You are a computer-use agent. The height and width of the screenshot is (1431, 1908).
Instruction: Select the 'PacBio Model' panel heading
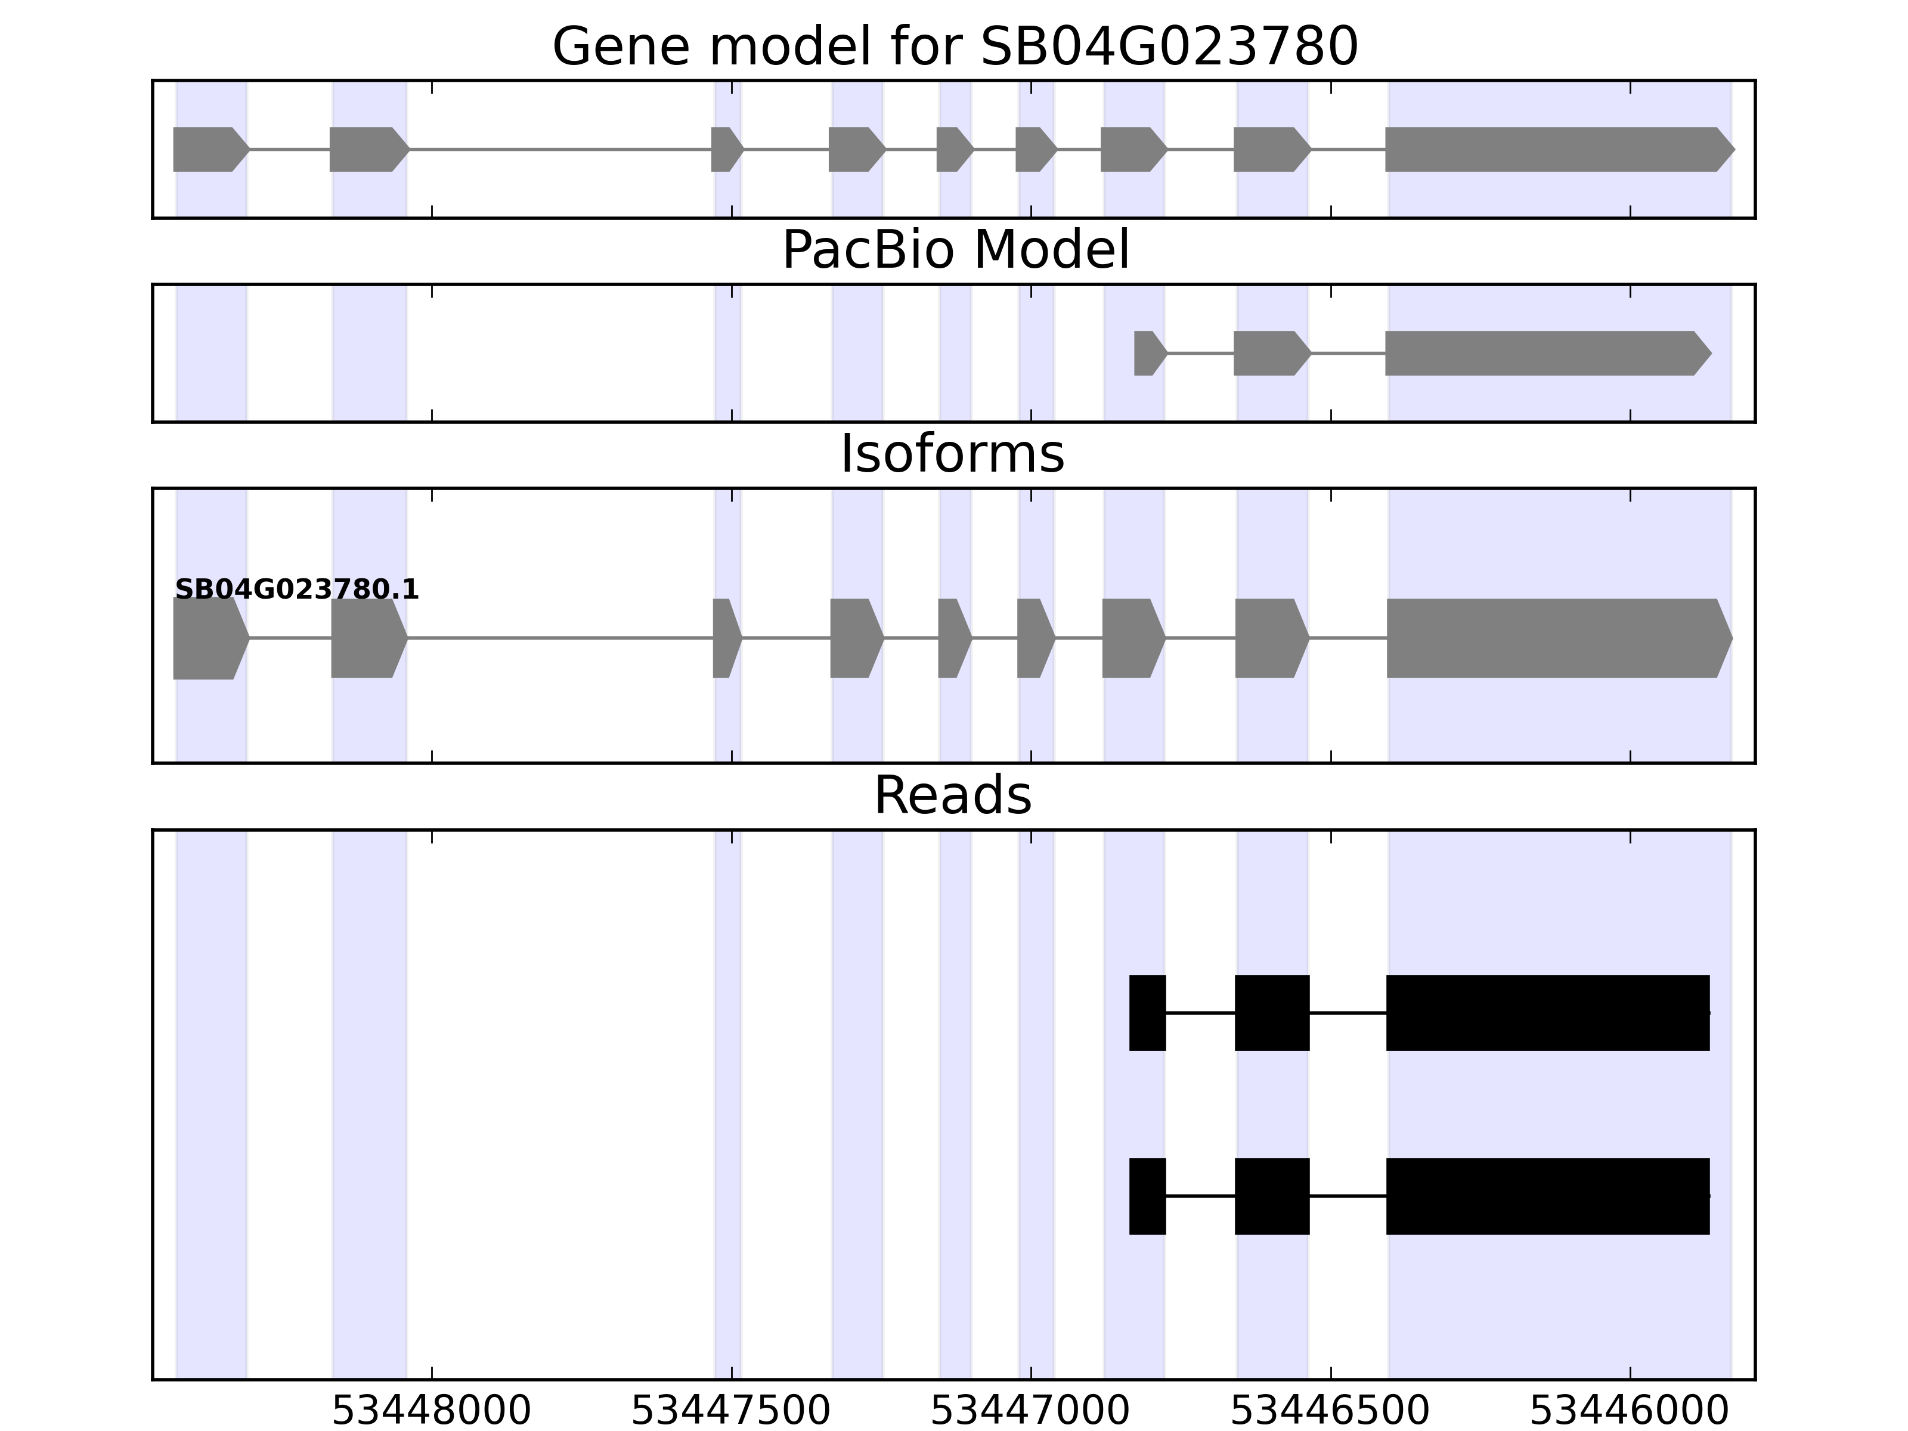(955, 250)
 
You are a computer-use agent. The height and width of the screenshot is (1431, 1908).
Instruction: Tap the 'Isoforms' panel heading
(952, 454)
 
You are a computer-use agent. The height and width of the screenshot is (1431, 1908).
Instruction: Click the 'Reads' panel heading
(952, 795)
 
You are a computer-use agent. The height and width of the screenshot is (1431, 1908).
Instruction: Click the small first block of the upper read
(1147, 1012)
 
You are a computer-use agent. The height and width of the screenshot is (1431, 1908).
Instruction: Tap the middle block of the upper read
(1271, 1012)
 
